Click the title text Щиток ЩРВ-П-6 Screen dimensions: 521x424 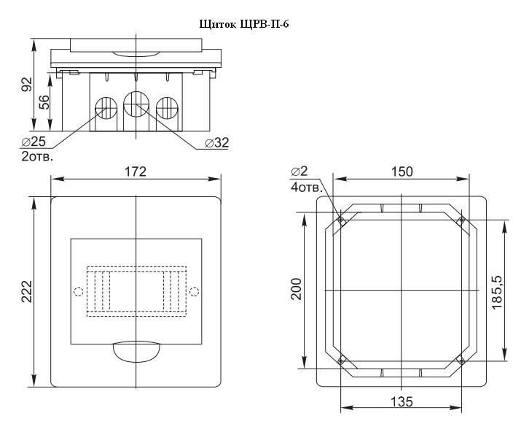point(244,24)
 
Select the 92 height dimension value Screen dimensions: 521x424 point(26,84)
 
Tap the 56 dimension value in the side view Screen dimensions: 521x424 point(44,102)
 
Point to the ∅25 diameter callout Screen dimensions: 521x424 point(34,142)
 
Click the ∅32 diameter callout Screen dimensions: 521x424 point(217,143)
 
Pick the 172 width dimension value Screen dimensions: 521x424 point(136,171)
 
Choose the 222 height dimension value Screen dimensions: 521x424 point(26,291)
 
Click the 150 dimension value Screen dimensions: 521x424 point(401,171)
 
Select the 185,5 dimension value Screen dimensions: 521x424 point(497,292)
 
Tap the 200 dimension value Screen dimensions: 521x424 point(296,289)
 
